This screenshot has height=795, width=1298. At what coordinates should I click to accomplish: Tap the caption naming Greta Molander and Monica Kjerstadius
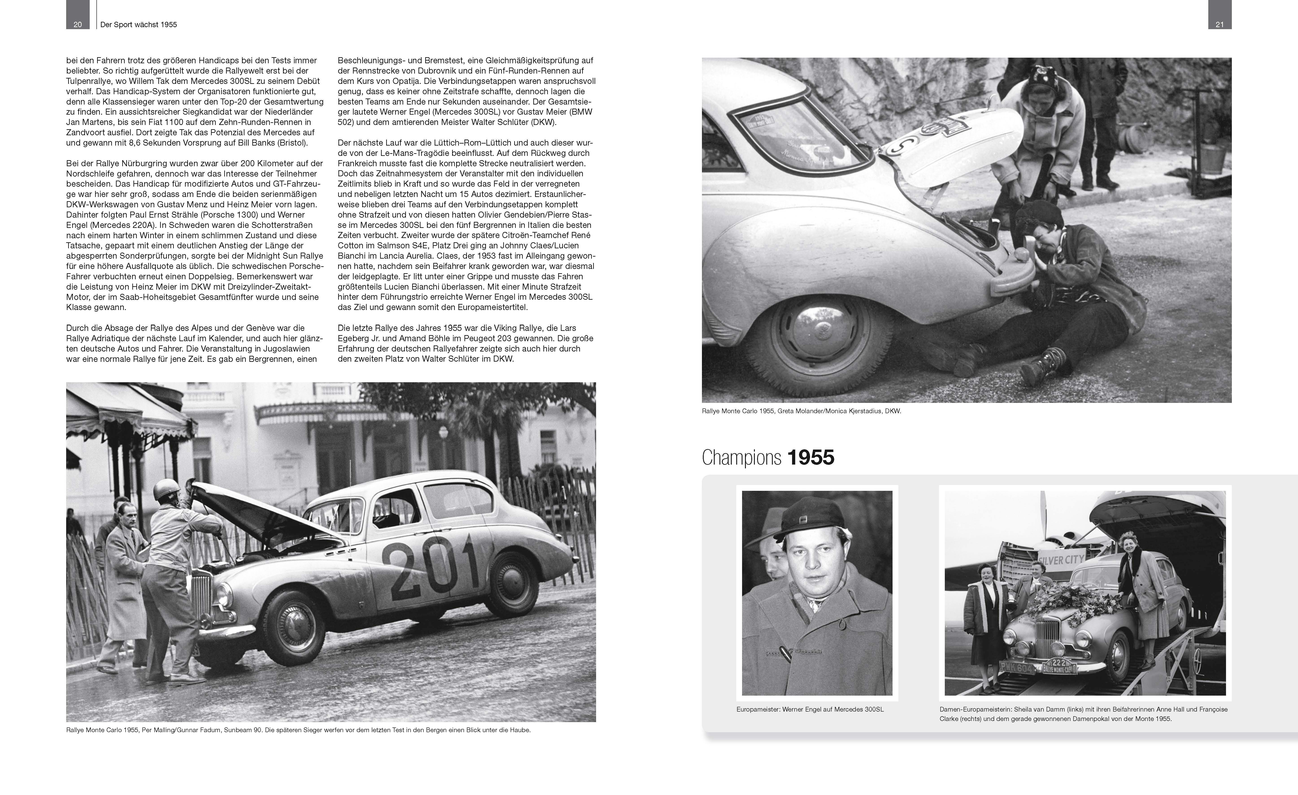coord(801,411)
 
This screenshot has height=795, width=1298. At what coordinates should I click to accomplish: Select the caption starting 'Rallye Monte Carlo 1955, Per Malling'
coord(298,730)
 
